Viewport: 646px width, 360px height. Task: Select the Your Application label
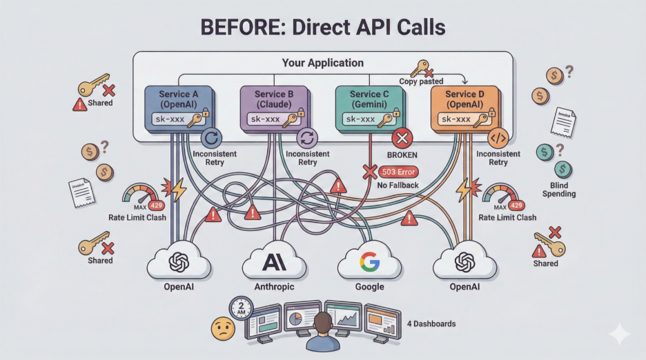tap(322, 63)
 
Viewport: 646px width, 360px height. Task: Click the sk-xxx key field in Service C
tap(360, 119)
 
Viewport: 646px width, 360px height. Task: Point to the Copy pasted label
tap(421, 81)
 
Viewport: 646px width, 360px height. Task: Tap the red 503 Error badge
tap(401, 172)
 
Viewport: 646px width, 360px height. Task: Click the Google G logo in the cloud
tap(369, 262)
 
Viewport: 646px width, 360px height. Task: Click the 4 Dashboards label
tap(432, 323)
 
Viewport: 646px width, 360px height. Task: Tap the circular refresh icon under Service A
tap(213, 137)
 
